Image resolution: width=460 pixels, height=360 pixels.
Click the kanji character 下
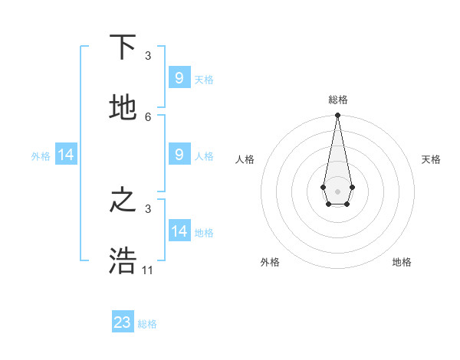[x=123, y=47]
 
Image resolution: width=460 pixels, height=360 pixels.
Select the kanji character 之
[x=123, y=200]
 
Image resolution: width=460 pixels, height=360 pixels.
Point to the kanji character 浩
[x=123, y=260]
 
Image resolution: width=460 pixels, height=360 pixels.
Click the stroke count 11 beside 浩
[x=148, y=270]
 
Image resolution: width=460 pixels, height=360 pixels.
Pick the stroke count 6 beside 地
[x=148, y=116]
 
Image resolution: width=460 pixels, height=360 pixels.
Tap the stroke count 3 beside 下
[x=148, y=56]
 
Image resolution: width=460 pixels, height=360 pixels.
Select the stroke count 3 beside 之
[x=148, y=208]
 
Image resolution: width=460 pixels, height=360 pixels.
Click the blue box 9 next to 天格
[x=179, y=77]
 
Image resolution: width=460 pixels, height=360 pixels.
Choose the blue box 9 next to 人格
[x=179, y=154]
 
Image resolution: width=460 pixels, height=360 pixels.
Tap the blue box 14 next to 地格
[x=179, y=231]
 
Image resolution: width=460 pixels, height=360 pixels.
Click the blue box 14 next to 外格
[x=66, y=155]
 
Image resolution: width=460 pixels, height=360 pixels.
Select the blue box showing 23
[x=123, y=322]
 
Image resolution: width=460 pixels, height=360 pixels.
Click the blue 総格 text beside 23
[x=147, y=324]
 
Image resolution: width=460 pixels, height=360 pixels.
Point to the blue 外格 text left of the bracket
[x=41, y=156]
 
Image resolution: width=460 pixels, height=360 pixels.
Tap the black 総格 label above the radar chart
[x=337, y=100]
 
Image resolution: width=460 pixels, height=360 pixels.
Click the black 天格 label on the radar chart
[x=431, y=159]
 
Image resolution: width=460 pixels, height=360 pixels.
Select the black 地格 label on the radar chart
[x=402, y=262]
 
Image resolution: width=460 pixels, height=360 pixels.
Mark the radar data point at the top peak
[x=337, y=116]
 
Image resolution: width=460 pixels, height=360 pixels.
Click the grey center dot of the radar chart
[x=337, y=190]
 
